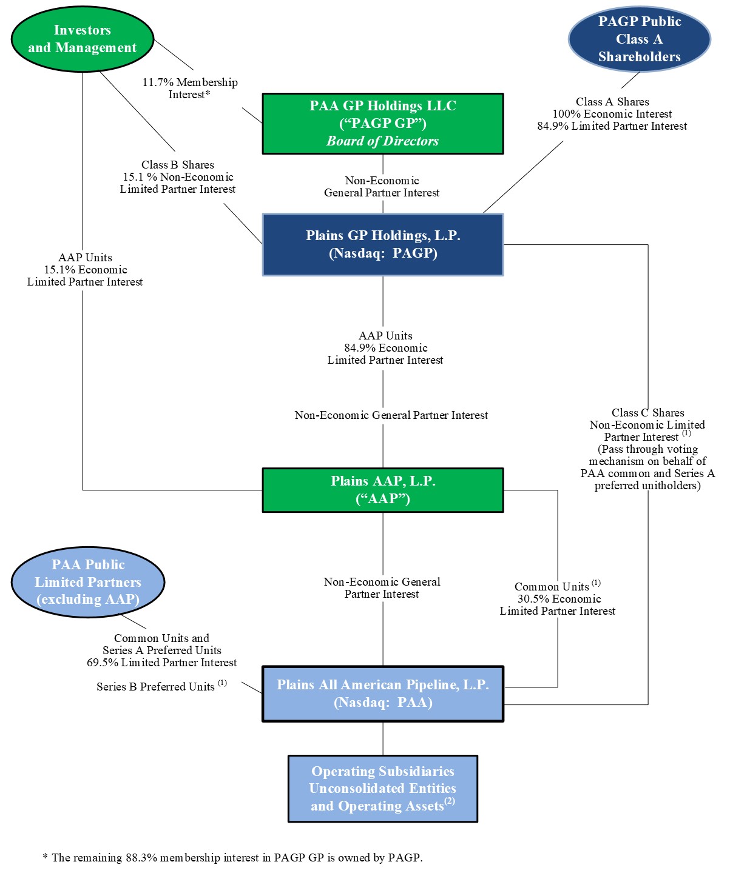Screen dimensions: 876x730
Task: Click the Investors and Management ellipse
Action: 83,39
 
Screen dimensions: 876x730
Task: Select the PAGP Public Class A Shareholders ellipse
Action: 639,39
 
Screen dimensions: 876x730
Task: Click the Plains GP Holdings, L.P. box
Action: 382,244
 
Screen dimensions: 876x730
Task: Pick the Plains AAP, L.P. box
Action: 382,490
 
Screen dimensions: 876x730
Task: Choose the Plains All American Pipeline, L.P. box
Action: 382,694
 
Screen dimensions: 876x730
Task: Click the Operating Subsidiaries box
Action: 382,788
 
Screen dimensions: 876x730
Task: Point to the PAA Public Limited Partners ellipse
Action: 88,582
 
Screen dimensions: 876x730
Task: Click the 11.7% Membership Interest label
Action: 190,89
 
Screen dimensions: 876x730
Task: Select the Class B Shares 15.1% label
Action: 178,177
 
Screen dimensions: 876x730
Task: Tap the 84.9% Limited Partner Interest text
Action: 612,126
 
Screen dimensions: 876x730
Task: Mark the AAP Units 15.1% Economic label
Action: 85,270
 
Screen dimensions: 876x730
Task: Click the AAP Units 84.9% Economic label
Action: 385,348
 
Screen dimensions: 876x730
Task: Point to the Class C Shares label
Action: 647,413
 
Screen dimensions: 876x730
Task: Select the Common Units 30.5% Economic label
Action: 558,599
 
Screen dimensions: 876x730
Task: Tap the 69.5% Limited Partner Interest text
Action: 161,663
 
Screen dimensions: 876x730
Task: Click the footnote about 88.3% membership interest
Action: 232,857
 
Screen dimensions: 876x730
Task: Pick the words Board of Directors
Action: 382,141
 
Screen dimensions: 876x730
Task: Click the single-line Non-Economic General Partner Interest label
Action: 391,415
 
